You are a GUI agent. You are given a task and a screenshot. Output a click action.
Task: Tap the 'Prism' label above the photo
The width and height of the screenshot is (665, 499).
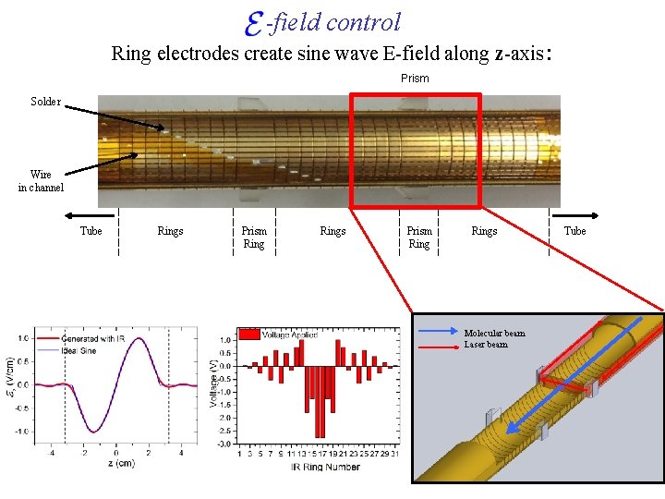point(415,79)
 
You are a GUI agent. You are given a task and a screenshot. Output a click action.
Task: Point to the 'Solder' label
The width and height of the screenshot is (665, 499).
point(45,102)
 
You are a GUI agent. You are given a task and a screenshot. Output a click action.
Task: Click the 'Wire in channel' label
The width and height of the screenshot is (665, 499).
point(41,180)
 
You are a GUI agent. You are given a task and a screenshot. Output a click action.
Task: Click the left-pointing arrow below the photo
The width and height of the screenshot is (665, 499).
point(68,216)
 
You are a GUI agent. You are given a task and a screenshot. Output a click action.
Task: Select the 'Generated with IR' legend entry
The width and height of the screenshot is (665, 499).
point(98,339)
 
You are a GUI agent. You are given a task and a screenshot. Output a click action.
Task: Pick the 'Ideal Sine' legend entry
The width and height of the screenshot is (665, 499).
point(89,349)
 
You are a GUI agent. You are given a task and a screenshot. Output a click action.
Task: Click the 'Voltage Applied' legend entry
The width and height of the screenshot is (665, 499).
point(288,334)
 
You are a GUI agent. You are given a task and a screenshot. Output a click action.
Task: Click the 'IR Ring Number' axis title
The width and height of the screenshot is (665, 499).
point(313,467)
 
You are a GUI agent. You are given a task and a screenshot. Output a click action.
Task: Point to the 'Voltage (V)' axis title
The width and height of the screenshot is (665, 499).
point(214,384)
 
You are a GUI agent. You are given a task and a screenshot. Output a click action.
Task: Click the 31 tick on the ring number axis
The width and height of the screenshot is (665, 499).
point(394,453)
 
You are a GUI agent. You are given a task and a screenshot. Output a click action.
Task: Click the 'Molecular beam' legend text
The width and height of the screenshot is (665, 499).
point(494,334)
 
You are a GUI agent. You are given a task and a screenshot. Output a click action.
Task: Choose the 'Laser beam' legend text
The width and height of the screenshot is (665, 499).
point(486,345)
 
